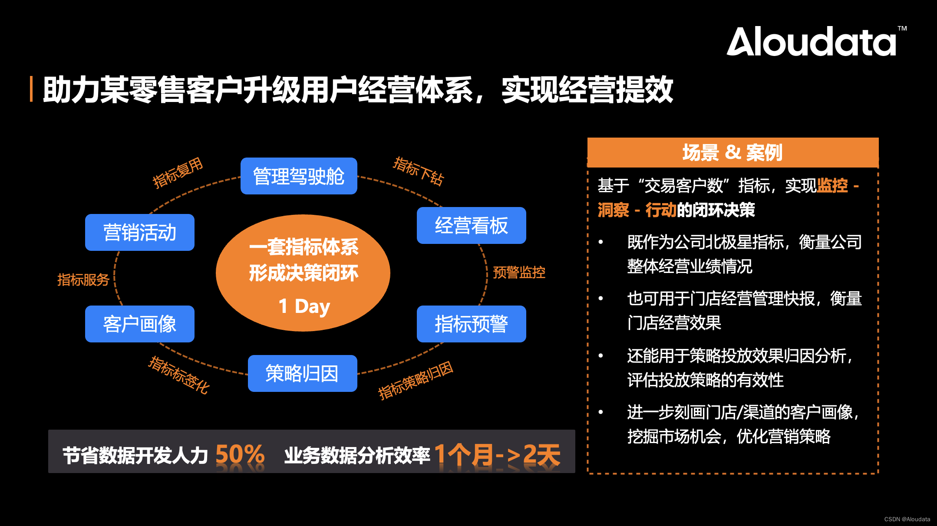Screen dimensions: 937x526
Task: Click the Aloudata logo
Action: (x=811, y=42)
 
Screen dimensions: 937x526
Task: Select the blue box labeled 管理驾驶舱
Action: (x=299, y=176)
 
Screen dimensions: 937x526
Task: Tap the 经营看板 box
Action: (x=471, y=226)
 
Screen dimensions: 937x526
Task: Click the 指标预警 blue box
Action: (x=471, y=324)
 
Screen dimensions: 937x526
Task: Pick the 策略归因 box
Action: (x=302, y=373)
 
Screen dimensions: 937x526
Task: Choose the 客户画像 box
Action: (x=139, y=324)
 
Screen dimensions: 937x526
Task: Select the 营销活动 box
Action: (x=139, y=232)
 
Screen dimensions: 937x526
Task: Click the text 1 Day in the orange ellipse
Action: (x=304, y=306)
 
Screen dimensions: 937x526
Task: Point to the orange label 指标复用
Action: (x=178, y=172)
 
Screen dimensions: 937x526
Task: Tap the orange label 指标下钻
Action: (x=418, y=171)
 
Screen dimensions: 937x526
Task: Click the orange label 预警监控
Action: (x=519, y=273)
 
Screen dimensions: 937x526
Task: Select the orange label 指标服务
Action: (x=83, y=280)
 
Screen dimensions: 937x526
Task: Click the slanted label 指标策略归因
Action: (x=416, y=380)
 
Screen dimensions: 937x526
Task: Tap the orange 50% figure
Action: (x=240, y=454)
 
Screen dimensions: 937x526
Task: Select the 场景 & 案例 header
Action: (x=732, y=153)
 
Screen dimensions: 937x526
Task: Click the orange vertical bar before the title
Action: (x=31, y=89)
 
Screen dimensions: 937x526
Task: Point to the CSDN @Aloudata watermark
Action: (x=907, y=519)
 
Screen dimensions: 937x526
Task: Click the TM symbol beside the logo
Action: (x=902, y=29)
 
